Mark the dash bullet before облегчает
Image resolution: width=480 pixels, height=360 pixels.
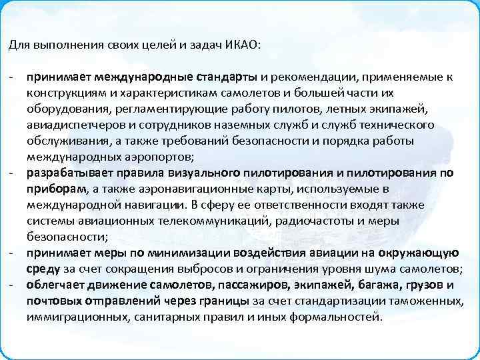click(12, 285)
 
